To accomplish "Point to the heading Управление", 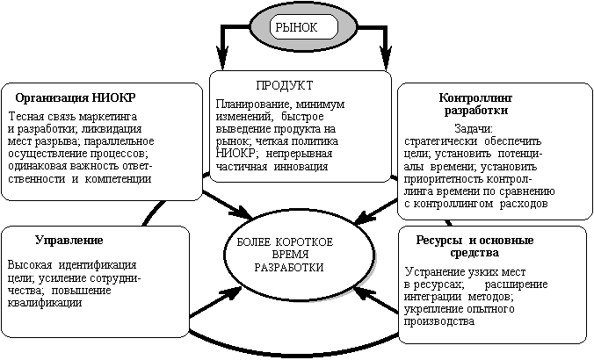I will (x=69, y=240).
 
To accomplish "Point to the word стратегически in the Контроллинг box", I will (x=439, y=140).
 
